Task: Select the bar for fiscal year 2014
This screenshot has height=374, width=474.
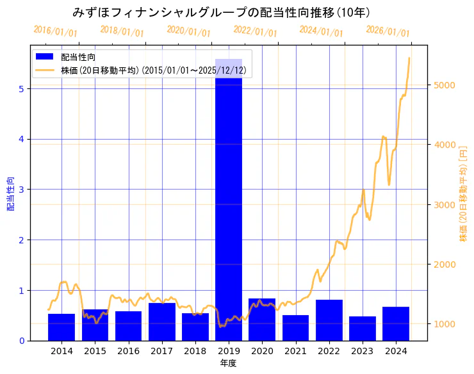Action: click(x=61, y=327)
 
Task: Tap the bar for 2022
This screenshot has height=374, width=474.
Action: click(x=329, y=320)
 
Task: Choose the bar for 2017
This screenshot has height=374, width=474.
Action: click(x=162, y=321)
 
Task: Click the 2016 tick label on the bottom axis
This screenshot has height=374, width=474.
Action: click(x=128, y=351)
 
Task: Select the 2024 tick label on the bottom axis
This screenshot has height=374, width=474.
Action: click(x=396, y=351)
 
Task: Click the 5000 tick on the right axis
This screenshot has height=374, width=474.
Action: click(x=444, y=85)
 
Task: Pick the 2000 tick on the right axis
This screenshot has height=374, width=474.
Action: click(x=444, y=264)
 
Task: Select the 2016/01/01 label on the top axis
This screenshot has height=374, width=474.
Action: click(x=56, y=31)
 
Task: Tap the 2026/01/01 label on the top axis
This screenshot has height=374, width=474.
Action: click(x=388, y=31)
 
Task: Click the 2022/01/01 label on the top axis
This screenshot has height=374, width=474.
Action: click(x=255, y=31)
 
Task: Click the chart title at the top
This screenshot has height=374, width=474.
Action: click(x=221, y=12)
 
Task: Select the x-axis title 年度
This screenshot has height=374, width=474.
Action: click(x=229, y=363)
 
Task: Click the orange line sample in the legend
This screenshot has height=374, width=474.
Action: click(x=45, y=70)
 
